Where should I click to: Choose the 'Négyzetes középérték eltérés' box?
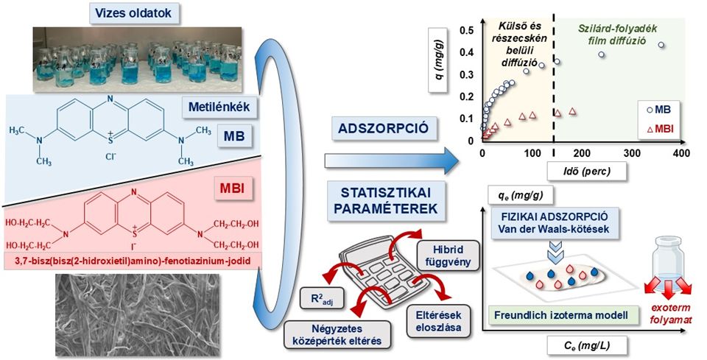[x=336, y=336]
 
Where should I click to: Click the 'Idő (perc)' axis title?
[x=582, y=171]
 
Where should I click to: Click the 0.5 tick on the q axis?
[x=465, y=30]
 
